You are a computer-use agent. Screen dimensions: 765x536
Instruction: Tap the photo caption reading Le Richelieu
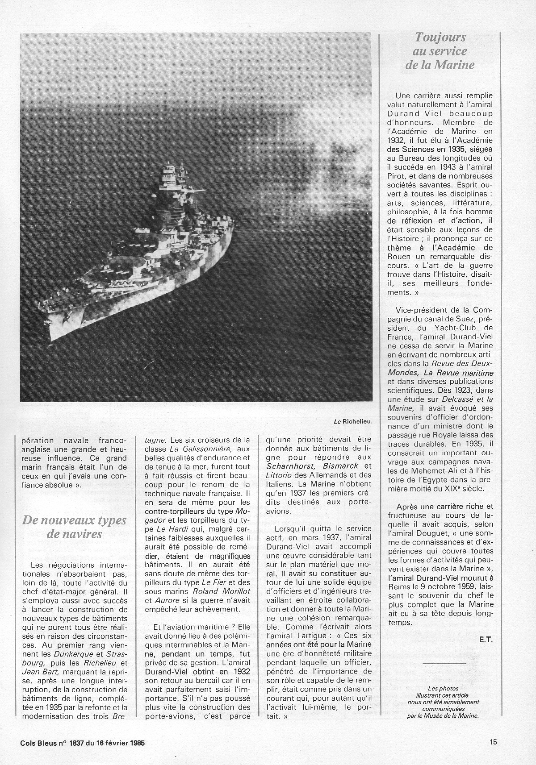[353, 421]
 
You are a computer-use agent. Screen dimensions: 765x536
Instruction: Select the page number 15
[493, 743]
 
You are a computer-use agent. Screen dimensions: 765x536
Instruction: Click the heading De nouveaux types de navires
[74, 527]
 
